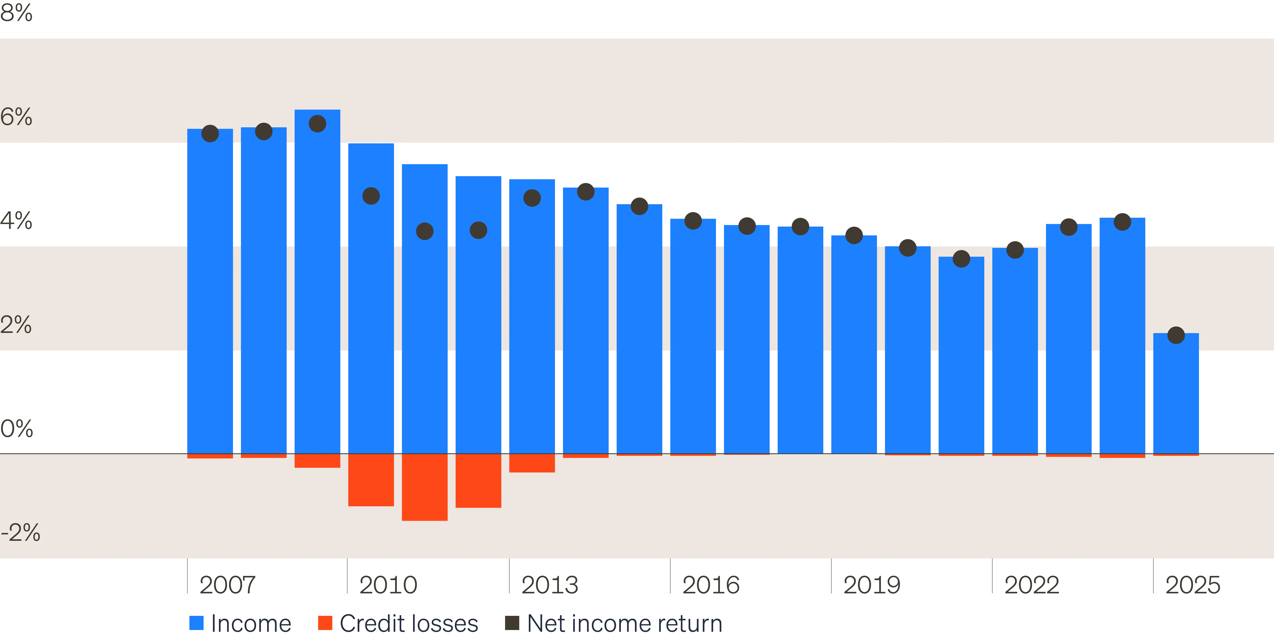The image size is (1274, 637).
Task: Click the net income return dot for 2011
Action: pyautogui.click(x=424, y=231)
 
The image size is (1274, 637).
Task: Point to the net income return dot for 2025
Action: pyautogui.click(x=1176, y=335)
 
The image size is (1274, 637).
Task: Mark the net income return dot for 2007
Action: pyautogui.click(x=210, y=134)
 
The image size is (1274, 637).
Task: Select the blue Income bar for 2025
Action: pyautogui.click(x=1176, y=393)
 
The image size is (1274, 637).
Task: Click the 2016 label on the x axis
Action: pyautogui.click(x=711, y=585)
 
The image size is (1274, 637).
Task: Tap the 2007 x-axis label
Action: pyautogui.click(x=228, y=585)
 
